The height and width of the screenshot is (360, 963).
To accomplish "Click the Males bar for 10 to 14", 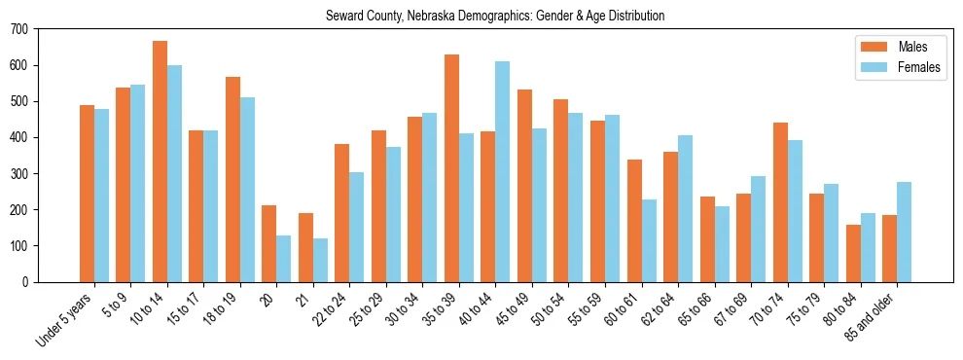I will [x=160, y=162].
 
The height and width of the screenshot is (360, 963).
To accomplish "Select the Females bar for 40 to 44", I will [x=503, y=171].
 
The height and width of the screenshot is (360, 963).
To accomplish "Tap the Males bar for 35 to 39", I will [x=451, y=168].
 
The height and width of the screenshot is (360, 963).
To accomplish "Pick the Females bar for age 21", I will [x=320, y=260].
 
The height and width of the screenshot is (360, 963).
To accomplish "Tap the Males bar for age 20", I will [x=269, y=243].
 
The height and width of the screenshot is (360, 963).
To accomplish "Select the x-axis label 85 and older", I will [x=874, y=316].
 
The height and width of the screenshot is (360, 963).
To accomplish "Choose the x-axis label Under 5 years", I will [x=66, y=319].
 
